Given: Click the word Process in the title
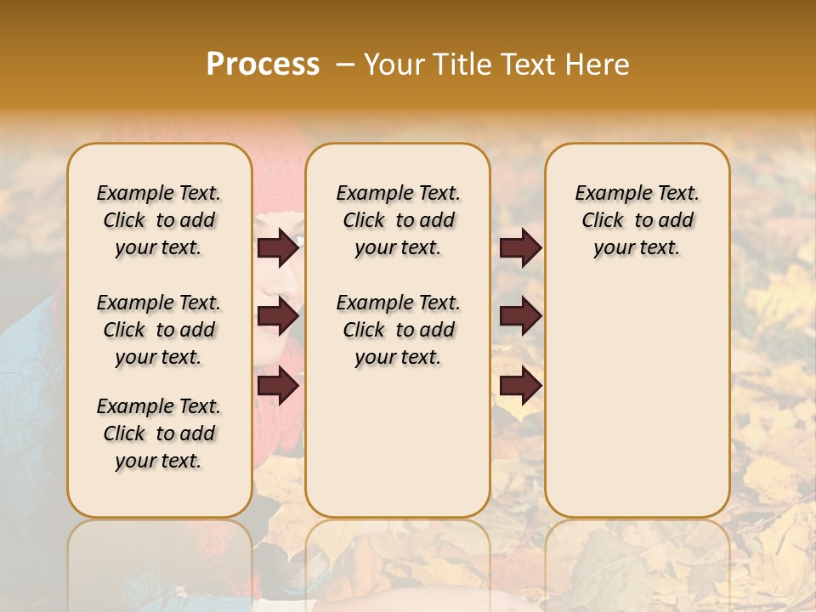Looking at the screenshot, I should click(263, 64).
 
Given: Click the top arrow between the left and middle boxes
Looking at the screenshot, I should click(278, 248).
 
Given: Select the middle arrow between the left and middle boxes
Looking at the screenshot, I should click(278, 316).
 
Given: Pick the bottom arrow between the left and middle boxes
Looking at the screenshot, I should click(278, 386).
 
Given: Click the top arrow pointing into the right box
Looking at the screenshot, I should click(520, 248).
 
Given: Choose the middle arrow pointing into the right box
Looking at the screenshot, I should click(520, 316).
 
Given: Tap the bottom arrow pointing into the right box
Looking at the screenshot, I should click(520, 386).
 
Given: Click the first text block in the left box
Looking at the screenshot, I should click(159, 220).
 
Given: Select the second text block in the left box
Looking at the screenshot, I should click(159, 330).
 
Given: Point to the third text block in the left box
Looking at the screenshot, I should click(159, 433).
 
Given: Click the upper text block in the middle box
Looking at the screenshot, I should click(399, 220).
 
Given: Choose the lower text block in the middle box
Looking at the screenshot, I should click(399, 330).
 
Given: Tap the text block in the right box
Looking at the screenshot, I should click(637, 220).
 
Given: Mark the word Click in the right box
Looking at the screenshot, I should click(603, 221).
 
